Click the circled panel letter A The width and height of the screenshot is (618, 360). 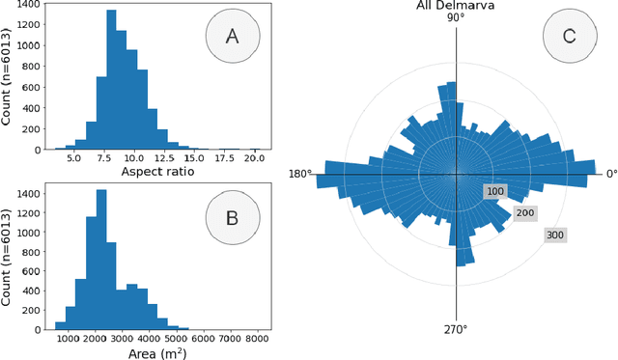click(231, 37)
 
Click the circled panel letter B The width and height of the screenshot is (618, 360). click(232, 217)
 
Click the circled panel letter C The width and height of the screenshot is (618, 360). click(569, 38)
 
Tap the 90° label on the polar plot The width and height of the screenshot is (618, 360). click(456, 18)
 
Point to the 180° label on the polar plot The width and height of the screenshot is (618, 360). click(300, 175)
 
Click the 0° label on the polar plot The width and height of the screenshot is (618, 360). click(611, 175)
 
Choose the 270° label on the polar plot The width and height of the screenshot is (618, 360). click(456, 330)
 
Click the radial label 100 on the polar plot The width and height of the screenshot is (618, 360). click(496, 192)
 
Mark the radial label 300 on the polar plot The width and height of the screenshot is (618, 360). click(555, 234)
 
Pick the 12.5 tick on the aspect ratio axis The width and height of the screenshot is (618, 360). click(168, 158)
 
